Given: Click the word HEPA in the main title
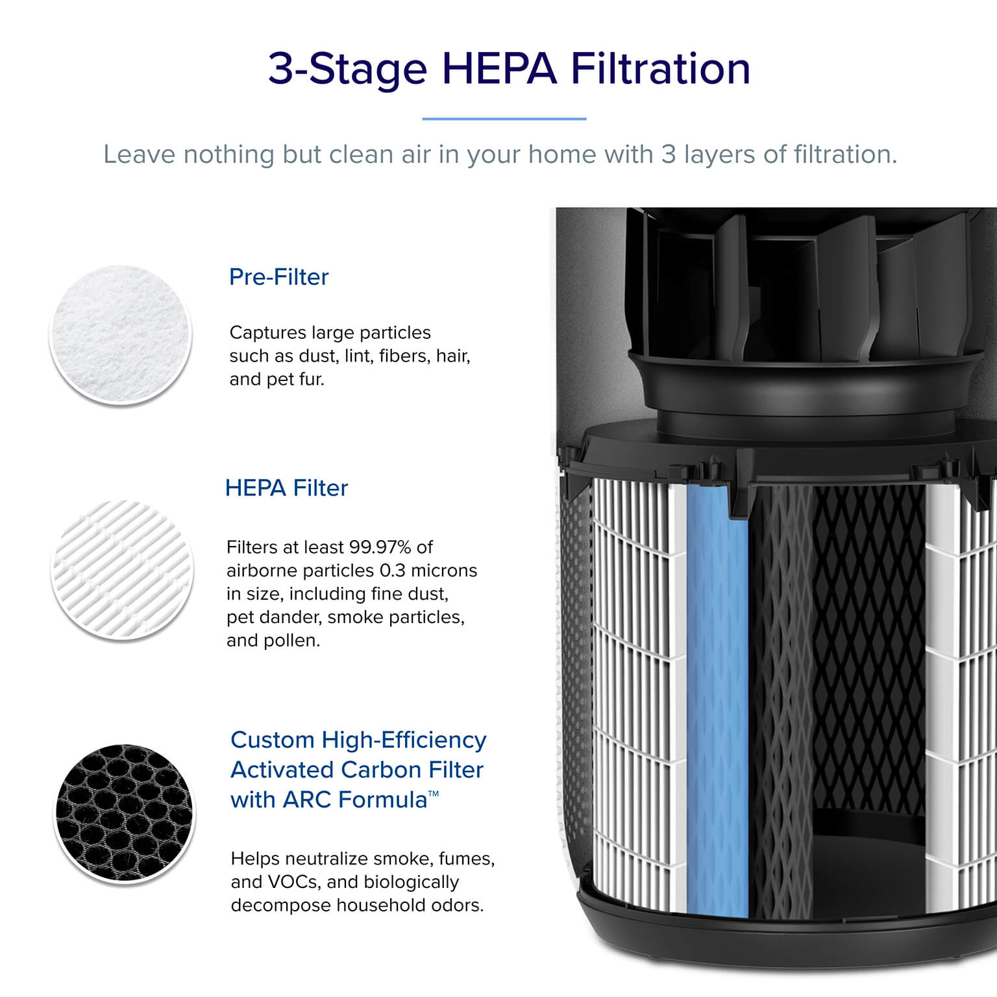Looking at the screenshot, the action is [x=499, y=68].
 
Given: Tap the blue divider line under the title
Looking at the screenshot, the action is [x=504, y=119].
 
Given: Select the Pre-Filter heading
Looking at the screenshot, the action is [x=279, y=277].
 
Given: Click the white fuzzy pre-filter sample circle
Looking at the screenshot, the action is [x=121, y=336].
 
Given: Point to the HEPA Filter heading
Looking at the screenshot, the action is [x=286, y=488].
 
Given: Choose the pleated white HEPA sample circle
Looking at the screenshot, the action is [x=122, y=570].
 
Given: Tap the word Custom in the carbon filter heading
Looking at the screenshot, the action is [x=273, y=740].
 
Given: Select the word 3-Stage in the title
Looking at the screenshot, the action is [x=348, y=69].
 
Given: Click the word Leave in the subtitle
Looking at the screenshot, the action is [x=140, y=154].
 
